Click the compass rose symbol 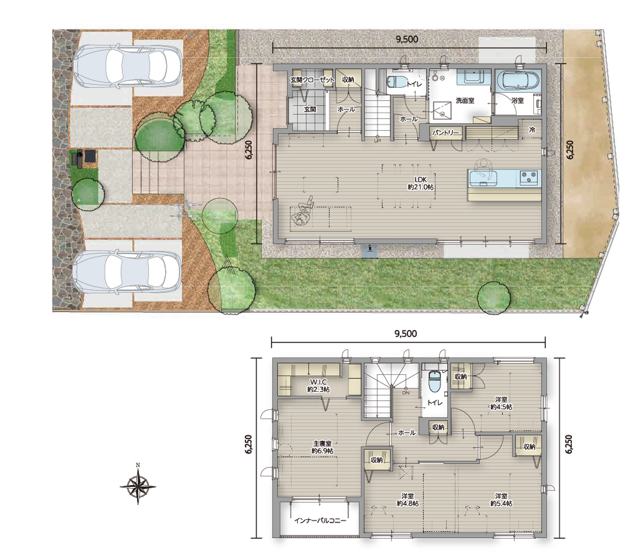coord(138,486)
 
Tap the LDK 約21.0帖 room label coord(421,183)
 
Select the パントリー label coord(446,133)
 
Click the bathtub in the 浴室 coord(518,81)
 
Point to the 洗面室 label coord(465,101)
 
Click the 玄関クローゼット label coord(312,80)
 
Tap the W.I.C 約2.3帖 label coord(318,385)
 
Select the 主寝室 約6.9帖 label coord(322,447)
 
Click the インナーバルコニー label coord(320,521)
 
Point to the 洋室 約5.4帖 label coord(501,500)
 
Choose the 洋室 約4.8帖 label coord(407,500)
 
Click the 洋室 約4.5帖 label coord(501,404)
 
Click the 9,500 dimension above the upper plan coord(407,39)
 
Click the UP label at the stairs coord(377,141)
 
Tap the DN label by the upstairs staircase coord(406,393)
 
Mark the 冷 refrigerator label coord(532,130)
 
